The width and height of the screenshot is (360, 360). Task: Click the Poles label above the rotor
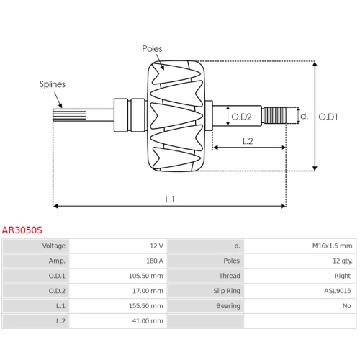152,49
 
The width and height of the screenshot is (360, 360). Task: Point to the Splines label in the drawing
53,84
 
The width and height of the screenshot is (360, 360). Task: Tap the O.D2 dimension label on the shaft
241,117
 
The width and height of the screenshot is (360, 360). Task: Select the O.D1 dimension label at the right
328,117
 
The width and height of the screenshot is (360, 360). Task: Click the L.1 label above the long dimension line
170,199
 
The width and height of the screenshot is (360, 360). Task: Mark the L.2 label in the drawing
248,141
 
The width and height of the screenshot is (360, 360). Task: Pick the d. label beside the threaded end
304,116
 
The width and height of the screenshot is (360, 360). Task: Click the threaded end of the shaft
274,115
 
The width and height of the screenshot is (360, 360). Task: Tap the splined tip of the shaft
69,114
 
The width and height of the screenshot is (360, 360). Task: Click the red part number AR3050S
22,230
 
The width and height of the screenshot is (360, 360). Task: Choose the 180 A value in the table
155,261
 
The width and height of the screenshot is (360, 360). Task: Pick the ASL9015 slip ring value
338,291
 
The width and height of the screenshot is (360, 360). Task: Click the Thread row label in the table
230,276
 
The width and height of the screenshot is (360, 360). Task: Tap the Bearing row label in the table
228,306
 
